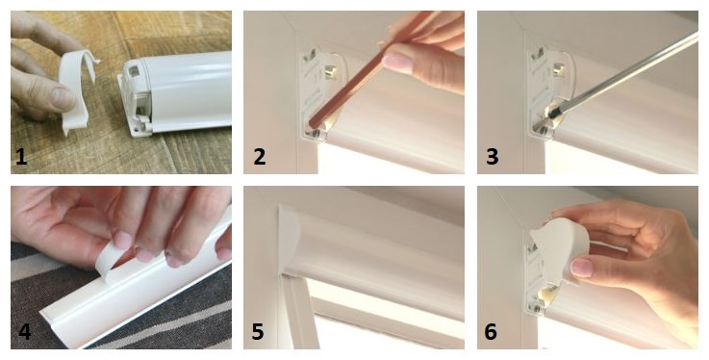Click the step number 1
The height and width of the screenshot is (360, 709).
point(21,157)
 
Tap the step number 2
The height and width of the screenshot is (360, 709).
point(259,157)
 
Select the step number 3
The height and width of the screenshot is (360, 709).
point(492,157)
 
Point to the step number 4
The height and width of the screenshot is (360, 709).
point(24,331)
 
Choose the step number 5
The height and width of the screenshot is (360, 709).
point(257,331)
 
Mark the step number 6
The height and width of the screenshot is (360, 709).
point(491,331)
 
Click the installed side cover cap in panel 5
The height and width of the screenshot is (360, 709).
point(290,240)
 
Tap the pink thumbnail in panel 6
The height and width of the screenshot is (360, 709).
point(581,267)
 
